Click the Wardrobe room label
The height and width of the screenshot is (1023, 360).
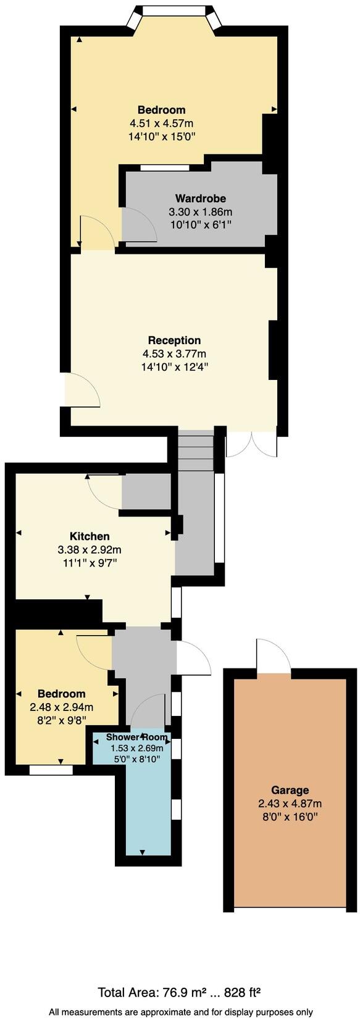pos(200,198)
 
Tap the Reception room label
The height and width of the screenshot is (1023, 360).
pos(174,340)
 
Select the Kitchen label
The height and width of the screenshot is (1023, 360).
pos(90,536)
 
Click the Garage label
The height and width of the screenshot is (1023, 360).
pos(290,790)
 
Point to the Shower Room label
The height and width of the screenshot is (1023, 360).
pos(136,737)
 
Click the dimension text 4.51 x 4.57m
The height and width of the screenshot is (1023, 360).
pos(161,124)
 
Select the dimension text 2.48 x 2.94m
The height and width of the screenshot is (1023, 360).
pos(62,707)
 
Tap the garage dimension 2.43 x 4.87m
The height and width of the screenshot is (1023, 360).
pos(290,804)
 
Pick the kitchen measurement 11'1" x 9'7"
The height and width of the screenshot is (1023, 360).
pos(90,563)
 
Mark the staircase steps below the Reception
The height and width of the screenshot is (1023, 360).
pos(196,445)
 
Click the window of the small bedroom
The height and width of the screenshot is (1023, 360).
pos(51,770)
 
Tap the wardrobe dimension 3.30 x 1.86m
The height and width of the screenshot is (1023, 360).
pos(200,212)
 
